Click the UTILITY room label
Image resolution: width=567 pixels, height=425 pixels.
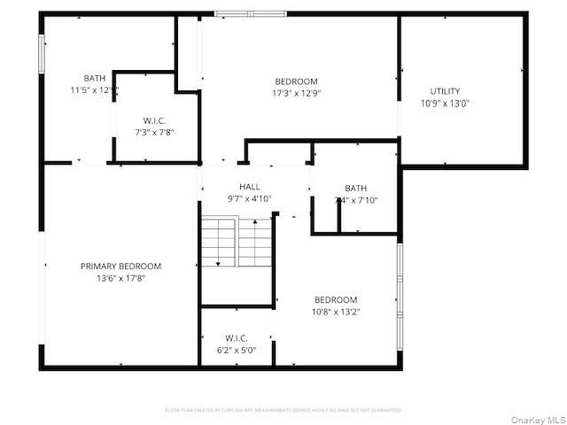pyautogui.click(x=445, y=91)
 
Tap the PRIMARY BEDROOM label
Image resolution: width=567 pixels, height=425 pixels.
pyautogui.click(x=120, y=266)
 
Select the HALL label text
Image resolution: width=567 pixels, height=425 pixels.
pyautogui.click(x=249, y=187)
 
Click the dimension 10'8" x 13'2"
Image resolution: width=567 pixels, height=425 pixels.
pyautogui.click(x=336, y=311)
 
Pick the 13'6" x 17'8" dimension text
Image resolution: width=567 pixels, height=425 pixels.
pyautogui.click(x=120, y=278)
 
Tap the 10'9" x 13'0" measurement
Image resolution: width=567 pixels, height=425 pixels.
pyautogui.click(x=445, y=103)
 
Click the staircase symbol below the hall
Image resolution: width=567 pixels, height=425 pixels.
pyautogui.click(x=236, y=241)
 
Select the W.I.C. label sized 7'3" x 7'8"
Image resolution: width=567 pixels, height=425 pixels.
pyautogui.click(x=154, y=120)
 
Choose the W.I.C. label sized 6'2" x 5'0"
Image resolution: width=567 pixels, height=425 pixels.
pyautogui.click(x=236, y=337)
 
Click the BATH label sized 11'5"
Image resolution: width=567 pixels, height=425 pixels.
pyautogui.click(x=94, y=78)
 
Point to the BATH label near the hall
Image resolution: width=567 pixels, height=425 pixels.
pyautogui.click(x=355, y=188)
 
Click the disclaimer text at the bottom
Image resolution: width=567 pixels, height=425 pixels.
pyautogui.click(x=283, y=410)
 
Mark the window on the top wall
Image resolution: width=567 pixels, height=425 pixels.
pyautogui.click(x=251, y=13)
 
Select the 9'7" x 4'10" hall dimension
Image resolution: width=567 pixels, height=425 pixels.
pyautogui.click(x=249, y=198)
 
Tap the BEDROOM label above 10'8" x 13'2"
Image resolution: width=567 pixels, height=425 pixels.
pyautogui.click(x=336, y=299)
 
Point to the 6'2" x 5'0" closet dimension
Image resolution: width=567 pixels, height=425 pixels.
pyautogui.click(x=236, y=349)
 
